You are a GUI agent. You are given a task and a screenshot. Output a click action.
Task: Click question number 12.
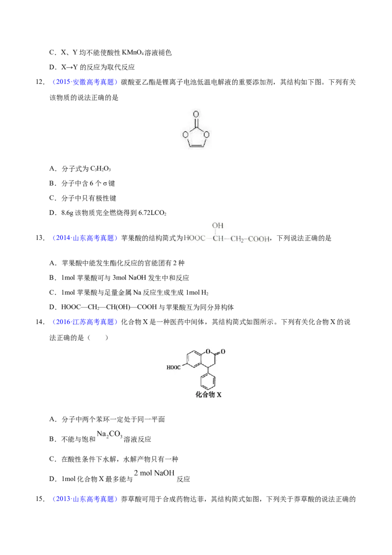click(40, 82)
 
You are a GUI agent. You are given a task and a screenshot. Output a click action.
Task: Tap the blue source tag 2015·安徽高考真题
click(85, 82)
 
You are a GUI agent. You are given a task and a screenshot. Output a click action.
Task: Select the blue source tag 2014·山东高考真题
click(85, 238)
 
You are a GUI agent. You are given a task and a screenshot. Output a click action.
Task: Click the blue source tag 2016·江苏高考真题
click(85, 322)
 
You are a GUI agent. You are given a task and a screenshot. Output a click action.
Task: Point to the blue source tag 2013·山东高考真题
click(85, 499)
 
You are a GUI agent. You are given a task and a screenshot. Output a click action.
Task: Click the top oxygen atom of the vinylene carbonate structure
click(196, 114)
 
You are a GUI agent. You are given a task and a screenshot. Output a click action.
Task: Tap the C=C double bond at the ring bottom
click(196, 145)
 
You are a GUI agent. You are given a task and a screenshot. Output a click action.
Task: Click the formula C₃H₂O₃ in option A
click(100, 169)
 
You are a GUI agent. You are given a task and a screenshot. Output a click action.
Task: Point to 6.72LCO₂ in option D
click(152, 213)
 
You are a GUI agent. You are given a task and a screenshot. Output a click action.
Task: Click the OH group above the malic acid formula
click(218, 226)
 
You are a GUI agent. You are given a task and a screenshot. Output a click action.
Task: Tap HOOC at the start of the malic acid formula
click(195, 238)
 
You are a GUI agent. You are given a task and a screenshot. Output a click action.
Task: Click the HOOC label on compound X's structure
click(173, 367)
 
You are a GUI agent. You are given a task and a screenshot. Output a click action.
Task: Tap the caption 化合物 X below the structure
click(208, 394)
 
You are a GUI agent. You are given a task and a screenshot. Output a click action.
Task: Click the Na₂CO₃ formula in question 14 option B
click(110, 434)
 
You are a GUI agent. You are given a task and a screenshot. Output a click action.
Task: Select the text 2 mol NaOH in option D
click(154, 473)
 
